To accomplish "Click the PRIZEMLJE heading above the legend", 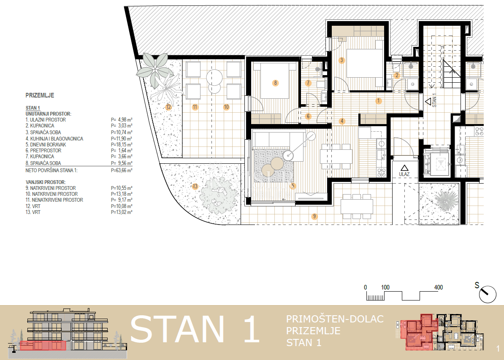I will tap(40, 96).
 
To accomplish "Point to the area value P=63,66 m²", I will tap(122, 171).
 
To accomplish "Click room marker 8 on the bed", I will tap(275, 83).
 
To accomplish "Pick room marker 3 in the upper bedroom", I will tap(341, 60).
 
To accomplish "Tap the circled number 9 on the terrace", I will tap(314, 217).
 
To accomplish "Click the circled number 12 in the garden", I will tap(168, 107).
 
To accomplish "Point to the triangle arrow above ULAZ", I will tap(404, 168).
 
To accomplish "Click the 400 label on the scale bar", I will tap(438, 287).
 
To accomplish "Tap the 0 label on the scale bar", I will tap(366, 287).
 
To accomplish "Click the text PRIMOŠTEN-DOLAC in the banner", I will tap(335, 319).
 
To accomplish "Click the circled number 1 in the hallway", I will tap(379, 101).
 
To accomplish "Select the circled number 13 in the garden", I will tap(195, 186).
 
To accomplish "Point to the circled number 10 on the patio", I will tap(226, 107).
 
